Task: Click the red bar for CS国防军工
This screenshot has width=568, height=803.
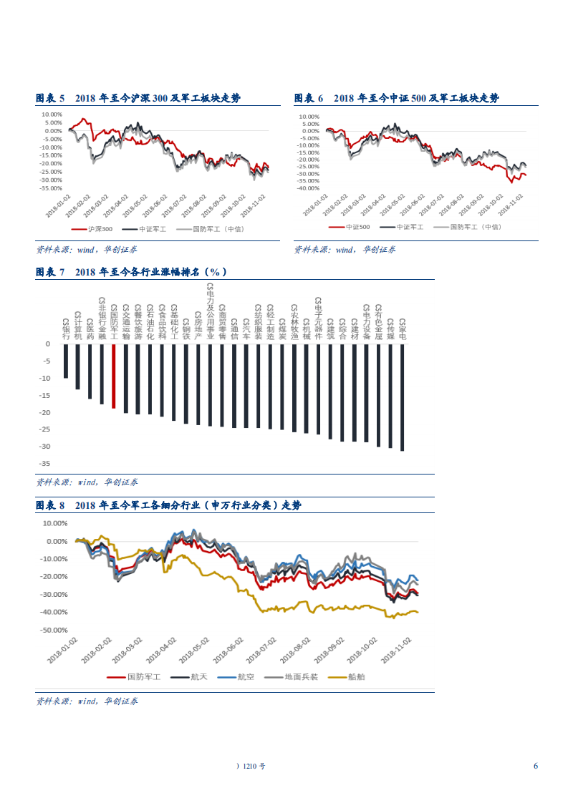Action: (113, 376)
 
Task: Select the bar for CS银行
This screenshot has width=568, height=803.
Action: (66, 361)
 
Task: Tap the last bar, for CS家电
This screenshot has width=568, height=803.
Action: (403, 397)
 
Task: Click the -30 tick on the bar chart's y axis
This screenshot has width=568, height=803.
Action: (46, 446)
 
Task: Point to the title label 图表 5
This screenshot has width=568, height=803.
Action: (50, 98)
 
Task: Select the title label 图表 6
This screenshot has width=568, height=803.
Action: (309, 98)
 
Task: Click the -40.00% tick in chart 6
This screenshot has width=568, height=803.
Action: (309, 188)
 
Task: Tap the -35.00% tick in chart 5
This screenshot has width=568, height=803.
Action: (52, 189)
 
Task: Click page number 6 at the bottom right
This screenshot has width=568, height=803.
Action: (535, 766)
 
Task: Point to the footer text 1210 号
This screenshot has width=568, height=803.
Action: (254, 766)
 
